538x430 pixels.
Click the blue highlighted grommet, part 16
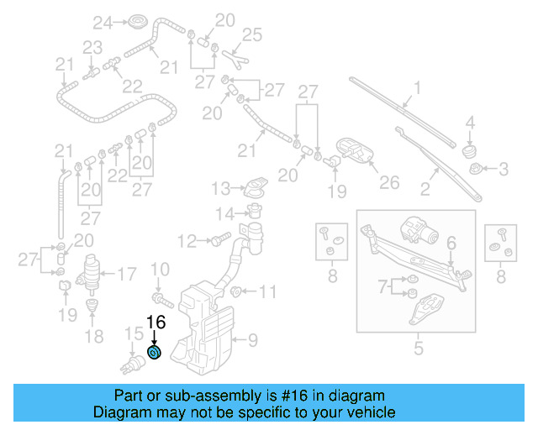[154, 352]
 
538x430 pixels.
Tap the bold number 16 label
[156, 322]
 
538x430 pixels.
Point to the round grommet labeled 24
[136, 21]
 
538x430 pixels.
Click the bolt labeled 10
[161, 297]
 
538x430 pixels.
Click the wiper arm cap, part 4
[471, 149]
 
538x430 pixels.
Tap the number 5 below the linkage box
[417, 344]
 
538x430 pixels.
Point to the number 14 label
[223, 212]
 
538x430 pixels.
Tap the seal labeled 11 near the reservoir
[237, 292]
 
